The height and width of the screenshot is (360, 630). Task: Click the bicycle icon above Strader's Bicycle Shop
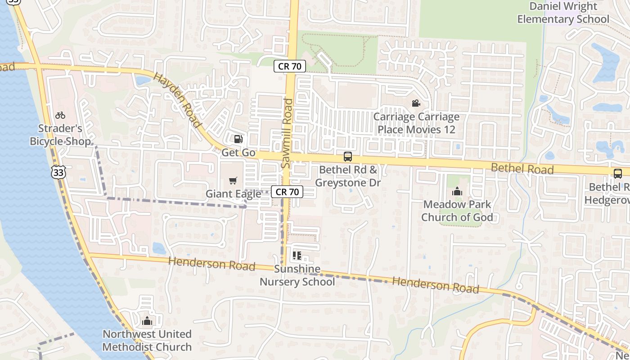click(60, 115)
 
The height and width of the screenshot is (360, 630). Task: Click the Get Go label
click(238, 153)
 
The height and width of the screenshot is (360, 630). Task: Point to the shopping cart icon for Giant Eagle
click(233, 180)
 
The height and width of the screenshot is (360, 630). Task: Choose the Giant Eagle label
click(233, 194)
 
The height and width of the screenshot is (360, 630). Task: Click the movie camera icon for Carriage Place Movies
click(416, 103)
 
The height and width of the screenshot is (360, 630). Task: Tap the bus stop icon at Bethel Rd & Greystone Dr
click(348, 157)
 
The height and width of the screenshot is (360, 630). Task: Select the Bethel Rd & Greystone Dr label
click(348, 176)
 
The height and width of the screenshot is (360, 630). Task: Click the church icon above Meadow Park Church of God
click(457, 192)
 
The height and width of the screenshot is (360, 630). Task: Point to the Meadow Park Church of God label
click(457, 211)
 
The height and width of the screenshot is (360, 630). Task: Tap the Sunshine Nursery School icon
click(297, 256)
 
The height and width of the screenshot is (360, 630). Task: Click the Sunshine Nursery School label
click(297, 275)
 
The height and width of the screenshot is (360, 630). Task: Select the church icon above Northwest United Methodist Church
click(147, 321)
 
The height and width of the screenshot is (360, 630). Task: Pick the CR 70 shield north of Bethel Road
click(290, 67)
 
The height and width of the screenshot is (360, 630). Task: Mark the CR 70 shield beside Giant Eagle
click(287, 192)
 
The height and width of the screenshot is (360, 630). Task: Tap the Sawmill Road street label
click(287, 134)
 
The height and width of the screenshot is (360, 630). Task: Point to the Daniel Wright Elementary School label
click(563, 13)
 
